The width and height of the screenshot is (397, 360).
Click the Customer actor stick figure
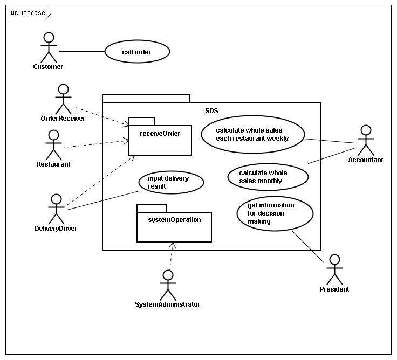pyautogui.click(x=49, y=47)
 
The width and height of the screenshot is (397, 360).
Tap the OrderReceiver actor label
pyautogui.click(x=63, y=119)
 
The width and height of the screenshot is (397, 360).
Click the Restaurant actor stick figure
pyautogui.click(x=53, y=145)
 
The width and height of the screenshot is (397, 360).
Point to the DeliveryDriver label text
pyautogui.click(x=56, y=229)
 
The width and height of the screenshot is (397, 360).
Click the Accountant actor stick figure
pyautogui.click(x=366, y=141)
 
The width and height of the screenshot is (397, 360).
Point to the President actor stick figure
pyautogui.click(x=334, y=269)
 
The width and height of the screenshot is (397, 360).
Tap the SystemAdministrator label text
pyautogui.click(x=167, y=304)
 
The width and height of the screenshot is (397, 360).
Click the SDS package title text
pyautogui.click(x=211, y=111)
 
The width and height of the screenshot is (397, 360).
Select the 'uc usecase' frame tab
pyautogui.click(x=28, y=12)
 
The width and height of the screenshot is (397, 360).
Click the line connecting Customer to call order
pyautogui.click(x=82, y=51)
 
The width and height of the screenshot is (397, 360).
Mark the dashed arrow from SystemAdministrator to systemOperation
pyautogui.click(x=171, y=255)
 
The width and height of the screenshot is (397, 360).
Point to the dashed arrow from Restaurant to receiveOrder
pyautogui.click(x=97, y=144)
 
